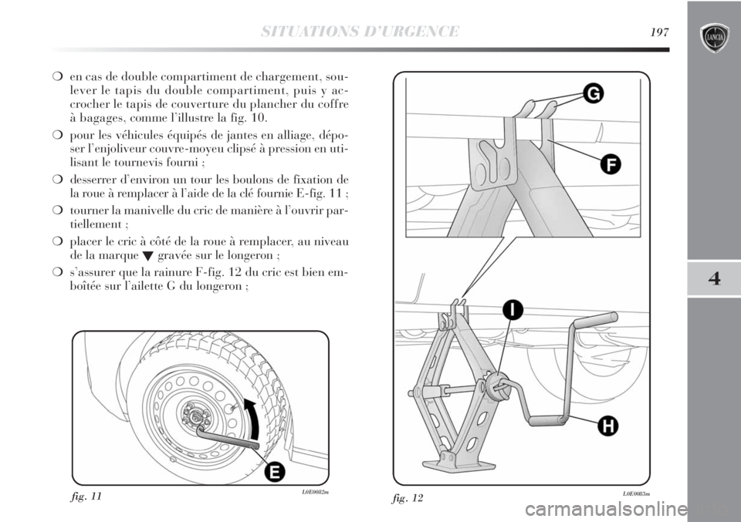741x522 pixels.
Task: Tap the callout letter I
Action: point(510,311)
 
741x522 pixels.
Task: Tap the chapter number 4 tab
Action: point(713,279)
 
